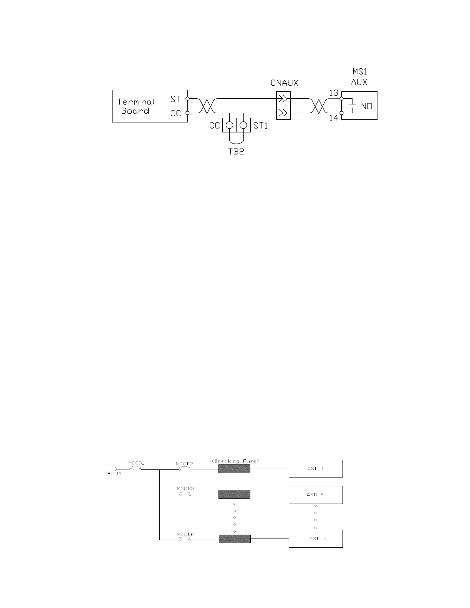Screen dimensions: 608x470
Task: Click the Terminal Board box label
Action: pyautogui.click(x=136, y=106)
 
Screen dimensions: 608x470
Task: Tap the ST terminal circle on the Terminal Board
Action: pyautogui.click(x=187, y=99)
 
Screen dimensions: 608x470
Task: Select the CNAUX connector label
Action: pyautogui.click(x=285, y=83)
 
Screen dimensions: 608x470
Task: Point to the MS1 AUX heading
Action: pyautogui.click(x=359, y=77)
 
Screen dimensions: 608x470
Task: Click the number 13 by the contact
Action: pyautogui.click(x=334, y=93)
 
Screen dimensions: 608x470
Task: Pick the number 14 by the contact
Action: pyautogui.click(x=334, y=118)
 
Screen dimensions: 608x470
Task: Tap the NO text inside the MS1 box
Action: pyautogui.click(x=366, y=106)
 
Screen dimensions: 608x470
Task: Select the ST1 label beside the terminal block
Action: pyautogui.click(x=260, y=126)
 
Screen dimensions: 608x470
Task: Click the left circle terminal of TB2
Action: pyautogui.click(x=230, y=125)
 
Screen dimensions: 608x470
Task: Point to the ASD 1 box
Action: pyautogui.click(x=316, y=469)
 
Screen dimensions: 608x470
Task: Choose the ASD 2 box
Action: pyautogui.click(x=316, y=495)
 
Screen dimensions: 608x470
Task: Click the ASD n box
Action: pyautogui.click(x=316, y=539)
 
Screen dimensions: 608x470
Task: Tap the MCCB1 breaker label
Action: pyautogui.click(x=136, y=463)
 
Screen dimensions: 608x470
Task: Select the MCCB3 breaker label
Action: pyautogui.click(x=185, y=489)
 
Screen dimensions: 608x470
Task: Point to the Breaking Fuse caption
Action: pyautogui.click(x=235, y=461)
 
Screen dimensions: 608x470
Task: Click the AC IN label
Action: pyautogui.click(x=114, y=473)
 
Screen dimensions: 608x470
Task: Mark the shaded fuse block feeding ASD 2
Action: pyautogui.click(x=234, y=494)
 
